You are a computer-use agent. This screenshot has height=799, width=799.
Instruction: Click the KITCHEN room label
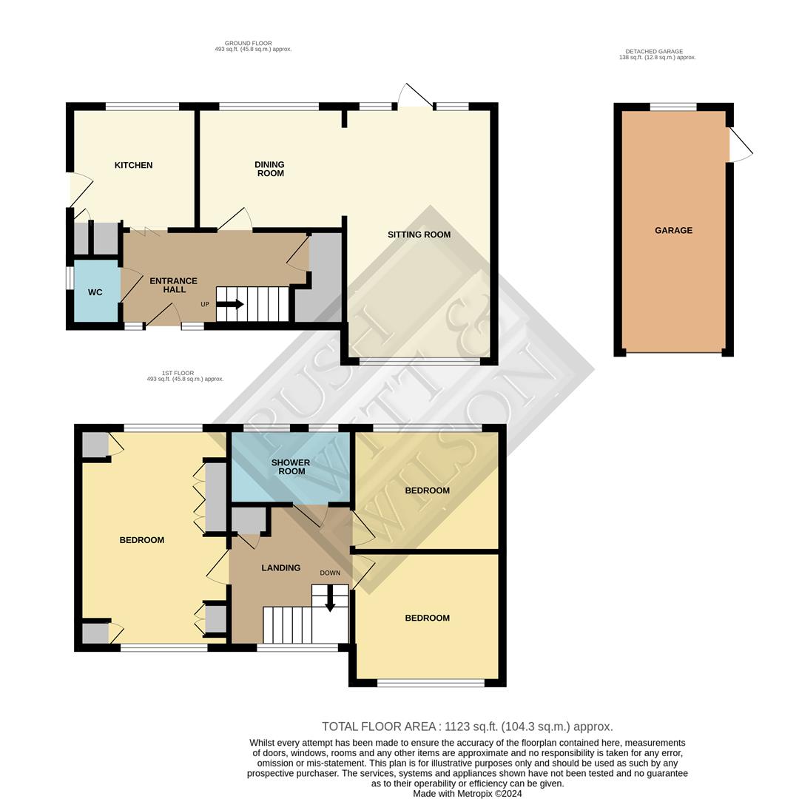[x=133, y=165]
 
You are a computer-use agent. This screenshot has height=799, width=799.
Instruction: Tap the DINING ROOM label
[x=270, y=169]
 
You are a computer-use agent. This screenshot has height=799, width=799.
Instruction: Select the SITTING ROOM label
[x=419, y=235]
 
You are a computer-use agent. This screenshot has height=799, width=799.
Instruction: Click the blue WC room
[x=95, y=291]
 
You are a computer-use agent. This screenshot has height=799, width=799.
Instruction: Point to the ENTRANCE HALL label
[x=173, y=285]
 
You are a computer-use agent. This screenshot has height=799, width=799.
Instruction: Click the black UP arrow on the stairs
[x=230, y=304]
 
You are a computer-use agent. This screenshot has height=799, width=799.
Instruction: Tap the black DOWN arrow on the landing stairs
[x=330, y=599]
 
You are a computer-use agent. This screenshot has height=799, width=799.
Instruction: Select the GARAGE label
[x=673, y=230]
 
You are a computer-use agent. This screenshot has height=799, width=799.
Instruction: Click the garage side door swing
[x=741, y=145]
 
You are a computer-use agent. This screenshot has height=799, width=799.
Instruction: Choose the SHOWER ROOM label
[x=291, y=467]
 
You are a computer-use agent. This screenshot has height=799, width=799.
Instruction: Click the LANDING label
[x=281, y=567]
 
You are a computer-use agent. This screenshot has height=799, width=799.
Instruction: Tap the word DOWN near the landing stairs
[x=330, y=573]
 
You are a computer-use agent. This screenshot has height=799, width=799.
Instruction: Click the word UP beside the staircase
[x=205, y=304]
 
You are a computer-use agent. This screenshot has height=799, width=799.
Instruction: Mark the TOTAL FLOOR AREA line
[x=468, y=726]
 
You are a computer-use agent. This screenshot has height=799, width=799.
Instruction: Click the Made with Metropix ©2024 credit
[x=468, y=793]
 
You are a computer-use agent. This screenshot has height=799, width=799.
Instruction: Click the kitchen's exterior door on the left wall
[x=81, y=189]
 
